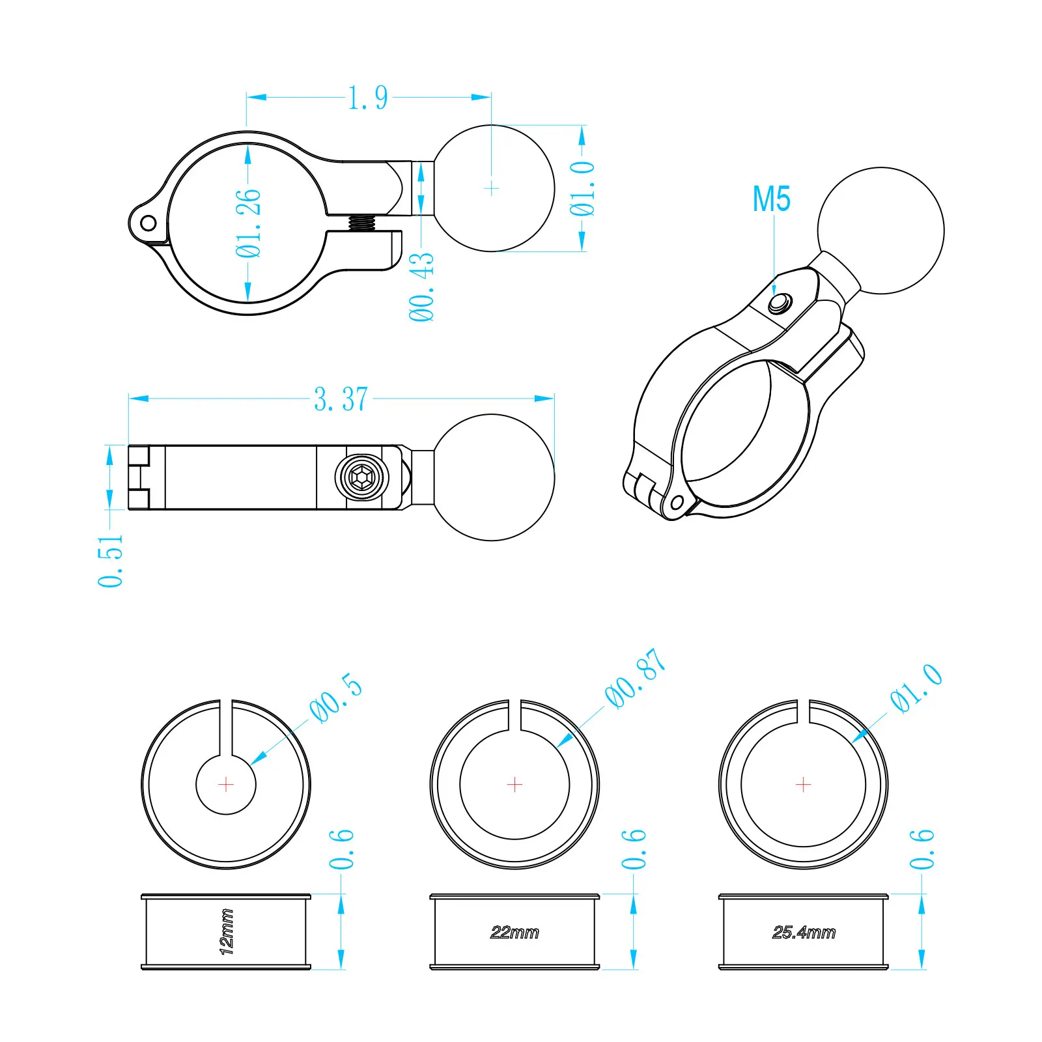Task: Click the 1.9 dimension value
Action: coord(368,98)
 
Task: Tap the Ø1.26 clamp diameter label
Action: coord(248,223)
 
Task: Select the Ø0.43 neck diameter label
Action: coord(421,287)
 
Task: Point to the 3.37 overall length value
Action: coord(341,399)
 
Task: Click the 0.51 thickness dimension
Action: coord(110,561)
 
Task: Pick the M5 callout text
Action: coord(772,199)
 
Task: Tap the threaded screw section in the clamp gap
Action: coord(362,223)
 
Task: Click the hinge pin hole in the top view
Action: coord(148,223)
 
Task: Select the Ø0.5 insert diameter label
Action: coord(336,697)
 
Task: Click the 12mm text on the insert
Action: coord(226,932)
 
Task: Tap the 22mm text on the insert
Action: coord(514,933)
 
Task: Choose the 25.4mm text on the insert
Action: coord(804,933)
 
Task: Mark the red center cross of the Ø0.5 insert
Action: coord(226,785)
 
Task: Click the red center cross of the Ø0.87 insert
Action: coord(514,785)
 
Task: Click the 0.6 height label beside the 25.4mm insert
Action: coord(922,849)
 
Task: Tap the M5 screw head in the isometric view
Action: coord(780,303)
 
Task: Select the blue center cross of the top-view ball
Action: coord(492,189)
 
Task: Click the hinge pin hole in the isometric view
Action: coord(677,502)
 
